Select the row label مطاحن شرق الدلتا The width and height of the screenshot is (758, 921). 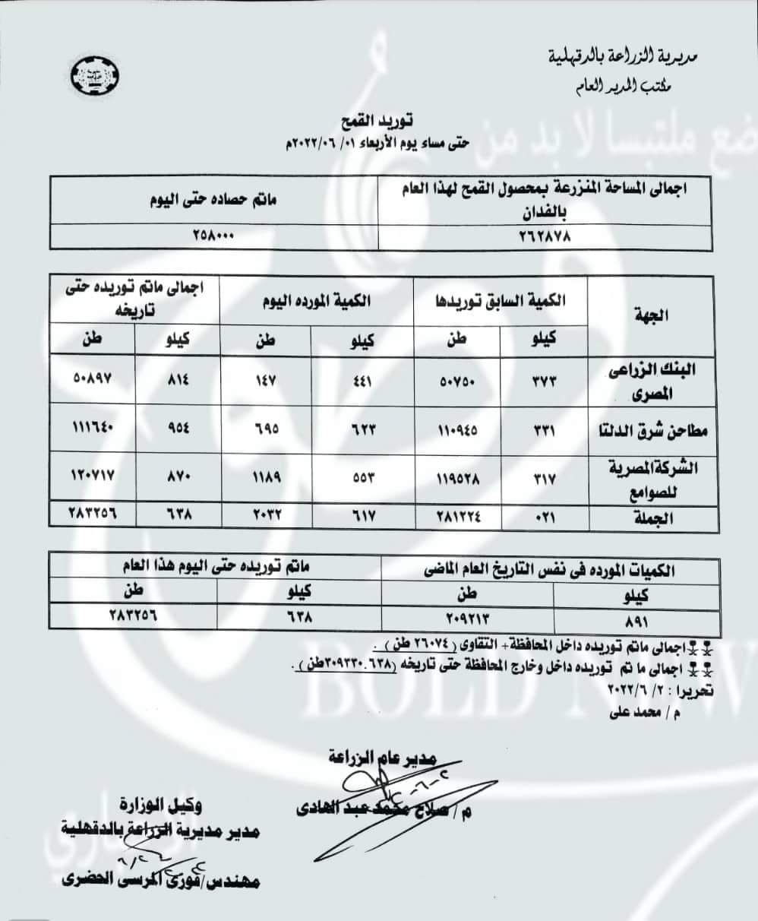652,431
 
